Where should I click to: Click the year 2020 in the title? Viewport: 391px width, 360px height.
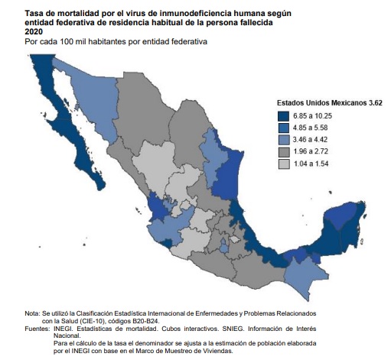[34, 31]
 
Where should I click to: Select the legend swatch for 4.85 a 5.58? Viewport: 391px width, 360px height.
[282, 128]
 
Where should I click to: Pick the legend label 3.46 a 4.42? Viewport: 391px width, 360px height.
[314, 140]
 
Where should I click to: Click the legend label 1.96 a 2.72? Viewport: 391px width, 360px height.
[314, 152]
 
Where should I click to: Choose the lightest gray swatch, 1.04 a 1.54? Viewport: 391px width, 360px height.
[282, 164]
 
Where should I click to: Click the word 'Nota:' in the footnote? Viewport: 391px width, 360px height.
[33, 314]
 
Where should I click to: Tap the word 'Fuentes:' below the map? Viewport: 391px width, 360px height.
[37, 329]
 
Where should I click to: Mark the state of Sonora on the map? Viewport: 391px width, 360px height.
[92, 96]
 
